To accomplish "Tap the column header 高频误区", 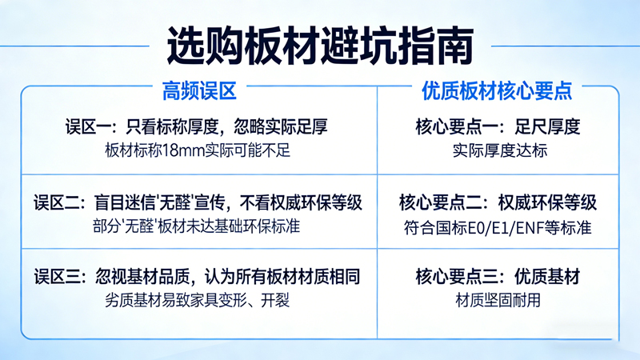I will tap(199, 90).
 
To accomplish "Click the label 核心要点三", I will tap(458, 278).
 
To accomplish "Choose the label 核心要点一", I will tap(458, 126).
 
